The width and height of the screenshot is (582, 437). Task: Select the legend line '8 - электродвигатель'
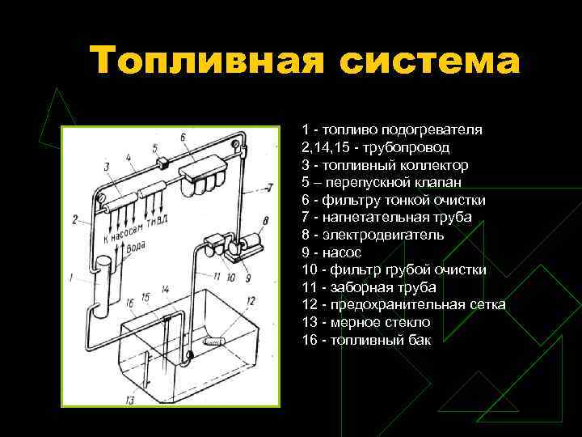373,235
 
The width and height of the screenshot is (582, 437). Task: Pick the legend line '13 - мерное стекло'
366,322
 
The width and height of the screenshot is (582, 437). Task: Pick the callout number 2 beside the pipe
74,219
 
